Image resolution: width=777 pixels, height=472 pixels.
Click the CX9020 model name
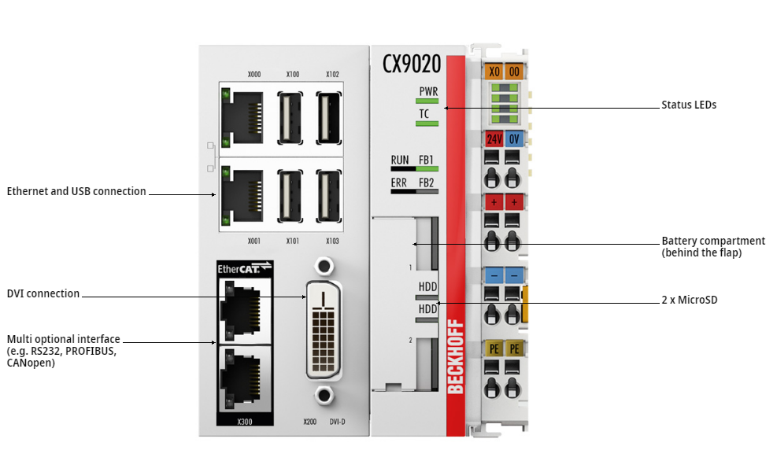tap(411, 64)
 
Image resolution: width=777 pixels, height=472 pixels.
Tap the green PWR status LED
tap(427, 101)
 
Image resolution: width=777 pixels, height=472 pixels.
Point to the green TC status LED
tap(427, 124)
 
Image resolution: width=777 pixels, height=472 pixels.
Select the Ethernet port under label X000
tap(242, 118)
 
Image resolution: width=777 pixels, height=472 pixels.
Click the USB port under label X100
tap(290, 118)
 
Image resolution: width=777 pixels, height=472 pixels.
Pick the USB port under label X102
tap(329, 118)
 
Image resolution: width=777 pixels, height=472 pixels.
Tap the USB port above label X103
tap(329, 196)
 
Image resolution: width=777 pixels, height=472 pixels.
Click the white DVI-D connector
tap(323, 330)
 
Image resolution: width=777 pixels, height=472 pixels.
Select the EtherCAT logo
tap(244, 268)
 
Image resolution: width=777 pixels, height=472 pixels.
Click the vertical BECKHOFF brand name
tap(455, 356)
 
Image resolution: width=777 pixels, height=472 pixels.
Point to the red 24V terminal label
tap(494, 139)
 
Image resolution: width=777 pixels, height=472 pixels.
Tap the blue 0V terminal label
tap(514, 139)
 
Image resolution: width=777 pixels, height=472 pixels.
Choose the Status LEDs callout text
tap(689, 105)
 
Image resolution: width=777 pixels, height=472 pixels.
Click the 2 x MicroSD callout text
tap(690, 300)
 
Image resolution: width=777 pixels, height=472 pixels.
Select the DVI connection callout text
tap(43, 293)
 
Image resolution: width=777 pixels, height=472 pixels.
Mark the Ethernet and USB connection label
tap(76, 191)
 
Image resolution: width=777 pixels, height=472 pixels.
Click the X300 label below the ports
tap(244, 422)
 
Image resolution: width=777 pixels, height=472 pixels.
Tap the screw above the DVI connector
tap(324, 266)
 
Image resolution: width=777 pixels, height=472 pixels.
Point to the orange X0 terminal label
tap(494, 72)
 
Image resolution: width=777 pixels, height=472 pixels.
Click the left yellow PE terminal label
tap(494, 348)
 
